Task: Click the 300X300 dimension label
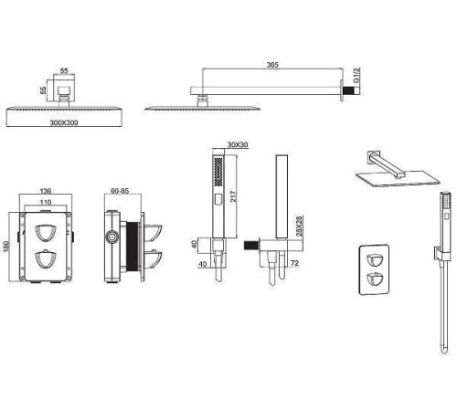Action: (x=64, y=122)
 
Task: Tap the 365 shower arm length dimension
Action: (x=272, y=65)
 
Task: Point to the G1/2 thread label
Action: (x=356, y=75)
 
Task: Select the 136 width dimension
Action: (x=46, y=191)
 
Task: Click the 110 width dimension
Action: (x=46, y=202)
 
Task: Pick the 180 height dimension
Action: (x=6, y=247)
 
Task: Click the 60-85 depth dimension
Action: (x=120, y=191)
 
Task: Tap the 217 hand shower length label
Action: (x=233, y=196)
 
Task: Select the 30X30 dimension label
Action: (x=238, y=144)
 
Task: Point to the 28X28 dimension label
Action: (x=299, y=226)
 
